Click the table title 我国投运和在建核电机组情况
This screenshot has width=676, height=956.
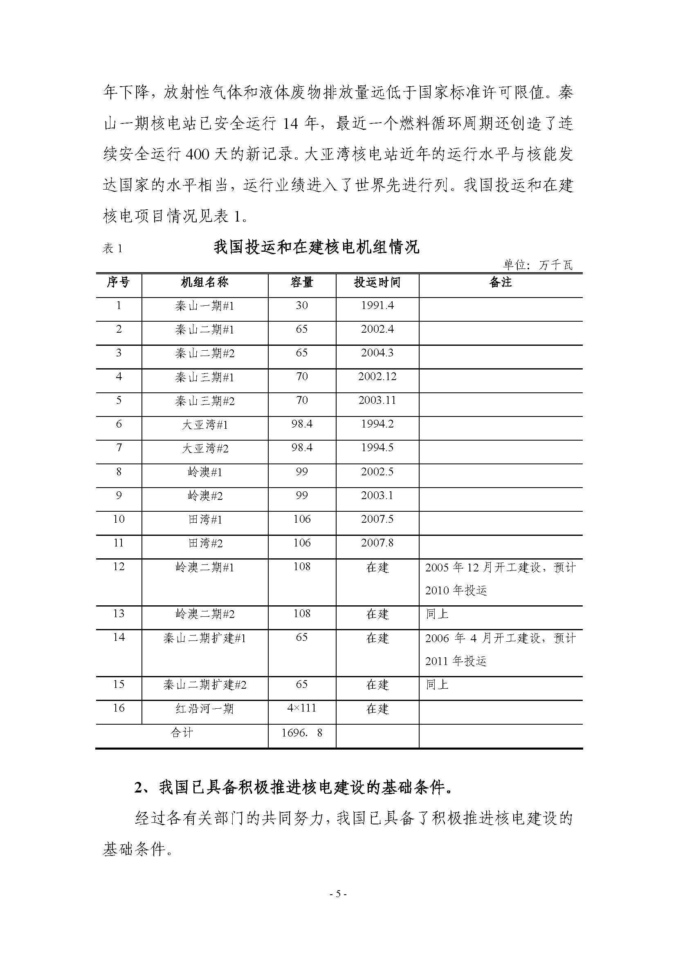(316, 247)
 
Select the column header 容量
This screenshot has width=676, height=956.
(301, 282)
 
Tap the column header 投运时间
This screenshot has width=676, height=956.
(377, 282)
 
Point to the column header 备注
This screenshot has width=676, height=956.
(500, 282)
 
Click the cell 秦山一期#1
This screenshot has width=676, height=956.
(204, 306)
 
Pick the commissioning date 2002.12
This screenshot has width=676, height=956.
(377, 377)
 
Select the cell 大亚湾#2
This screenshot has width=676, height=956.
(205, 448)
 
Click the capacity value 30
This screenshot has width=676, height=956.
(301, 306)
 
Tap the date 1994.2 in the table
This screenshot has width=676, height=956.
(377, 424)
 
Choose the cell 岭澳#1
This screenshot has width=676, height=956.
(205, 472)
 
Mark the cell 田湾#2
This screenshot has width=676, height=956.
(205, 543)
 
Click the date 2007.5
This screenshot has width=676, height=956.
(377, 519)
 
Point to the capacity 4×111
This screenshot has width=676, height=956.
(301, 708)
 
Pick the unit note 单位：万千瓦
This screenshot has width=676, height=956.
(538, 265)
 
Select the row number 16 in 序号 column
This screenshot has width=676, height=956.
(119, 708)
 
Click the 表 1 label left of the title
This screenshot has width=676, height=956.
(112, 249)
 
